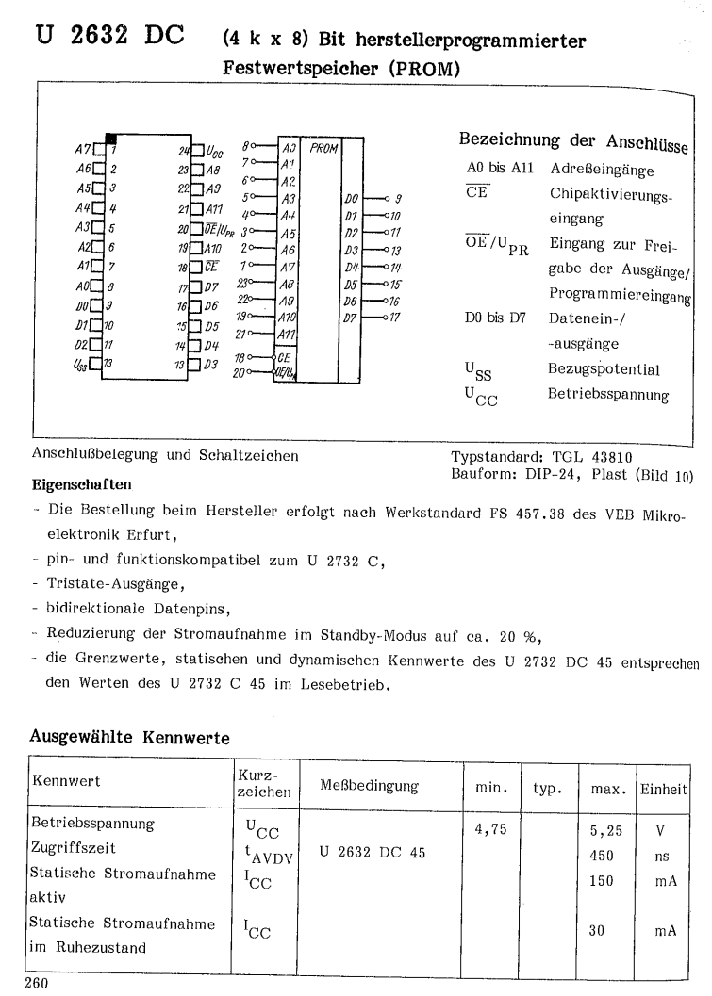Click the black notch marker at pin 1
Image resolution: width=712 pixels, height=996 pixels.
(111, 139)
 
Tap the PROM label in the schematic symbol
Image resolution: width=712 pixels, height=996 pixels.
(323, 148)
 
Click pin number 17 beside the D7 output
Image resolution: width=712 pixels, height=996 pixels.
(396, 317)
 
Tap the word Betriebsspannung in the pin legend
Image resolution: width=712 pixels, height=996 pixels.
(608, 395)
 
